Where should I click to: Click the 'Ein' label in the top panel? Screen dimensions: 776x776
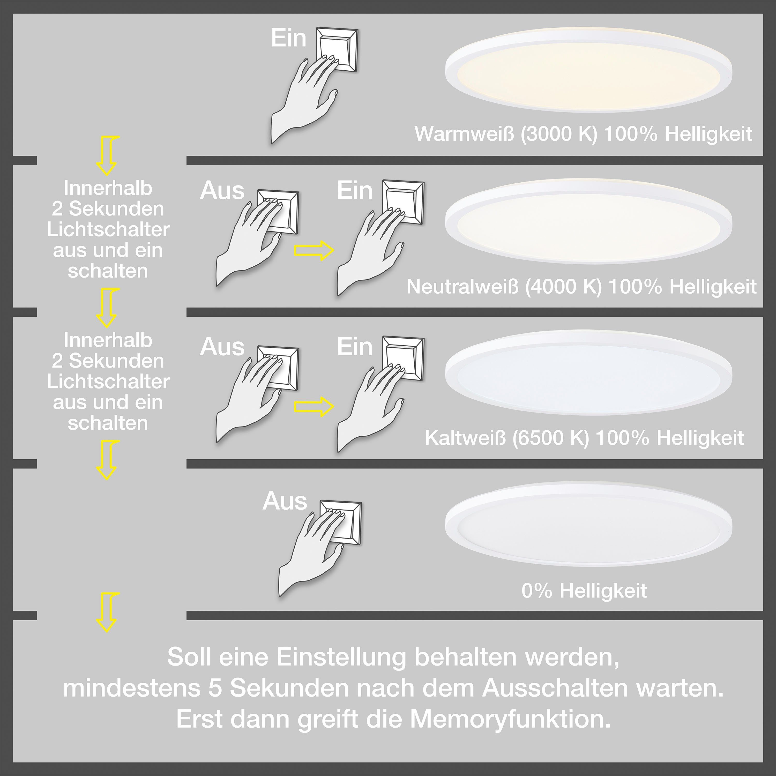(288, 39)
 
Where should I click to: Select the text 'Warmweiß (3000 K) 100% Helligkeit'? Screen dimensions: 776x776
(583, 134)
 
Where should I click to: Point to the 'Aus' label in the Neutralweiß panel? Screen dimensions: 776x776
(222, 191)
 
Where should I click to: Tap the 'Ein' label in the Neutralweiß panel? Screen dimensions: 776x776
(355, 191)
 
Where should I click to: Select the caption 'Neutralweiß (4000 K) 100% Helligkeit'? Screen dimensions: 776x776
(581, 287)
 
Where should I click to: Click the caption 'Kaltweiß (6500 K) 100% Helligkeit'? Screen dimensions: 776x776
(584, 438)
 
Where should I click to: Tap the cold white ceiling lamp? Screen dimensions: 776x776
(588, 374)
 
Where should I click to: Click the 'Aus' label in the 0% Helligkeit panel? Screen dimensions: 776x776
(285, 501)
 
